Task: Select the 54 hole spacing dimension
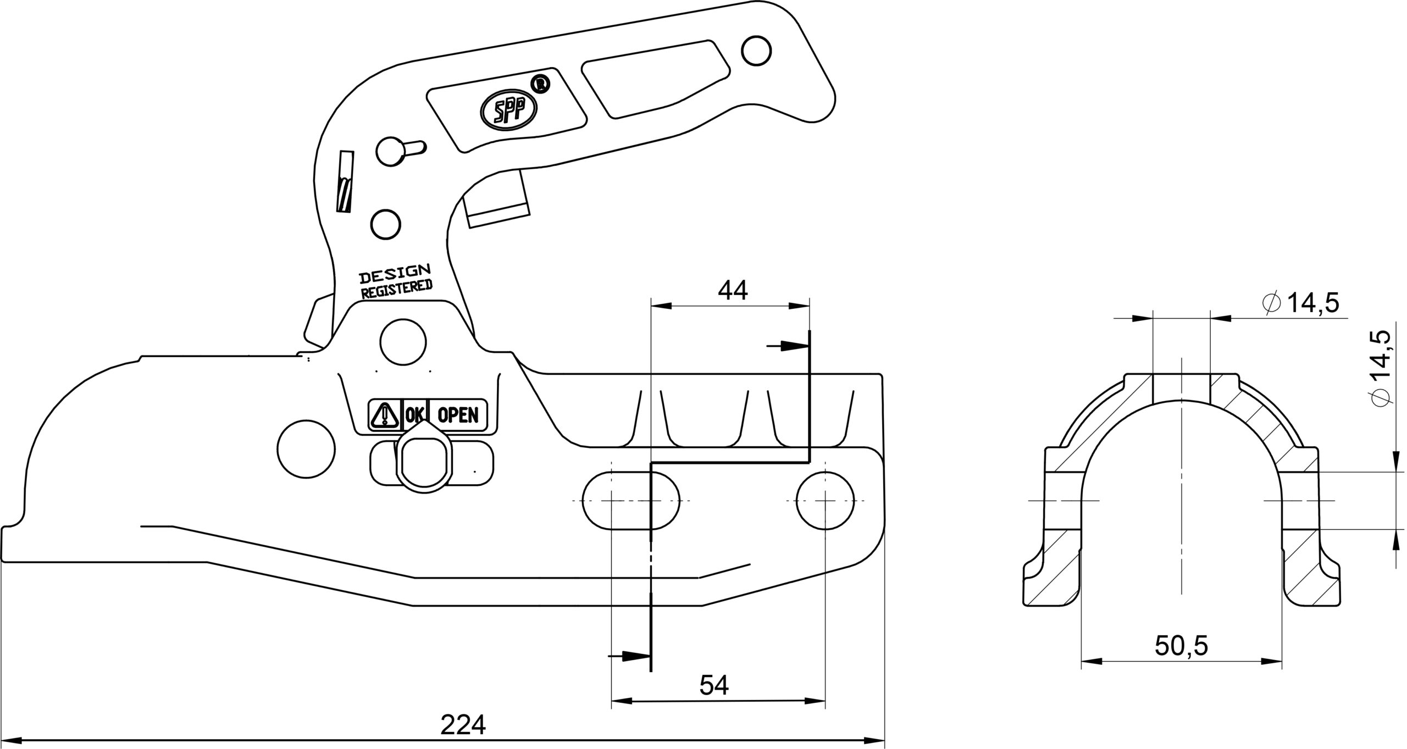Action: click(714, 685)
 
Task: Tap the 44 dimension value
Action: click(733, 291)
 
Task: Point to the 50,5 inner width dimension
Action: click(1181, 647)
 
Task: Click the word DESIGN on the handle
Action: click(395, 273)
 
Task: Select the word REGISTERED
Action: click(396, 289)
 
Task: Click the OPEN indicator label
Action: click(457, 415)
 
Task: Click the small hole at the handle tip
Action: click(756, 51)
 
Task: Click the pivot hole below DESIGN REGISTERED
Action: click(403, 341)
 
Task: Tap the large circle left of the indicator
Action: click(307, 450)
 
